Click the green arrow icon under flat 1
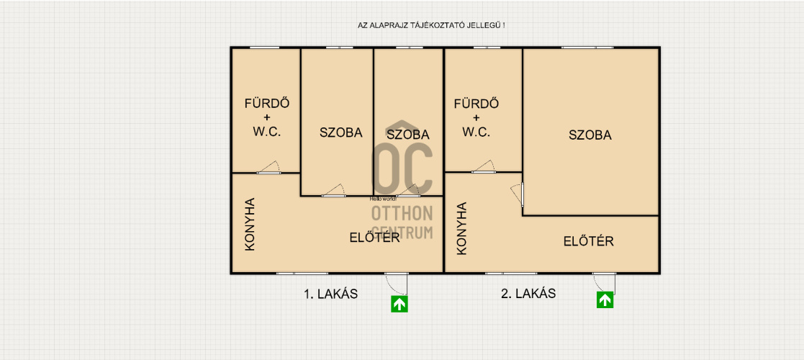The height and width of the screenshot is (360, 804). [399, 304]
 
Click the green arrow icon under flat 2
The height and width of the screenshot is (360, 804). [605, 300]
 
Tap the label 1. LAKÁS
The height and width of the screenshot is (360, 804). [330, 294]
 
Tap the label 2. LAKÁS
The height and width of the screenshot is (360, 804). [528, 294]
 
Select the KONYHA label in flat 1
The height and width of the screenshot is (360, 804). [250, 224]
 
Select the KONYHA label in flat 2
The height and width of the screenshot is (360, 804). [461, 228]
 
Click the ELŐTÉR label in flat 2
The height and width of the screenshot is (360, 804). [589, 241]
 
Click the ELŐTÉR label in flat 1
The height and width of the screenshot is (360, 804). [374, 238]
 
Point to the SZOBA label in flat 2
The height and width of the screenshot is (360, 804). [590, 135]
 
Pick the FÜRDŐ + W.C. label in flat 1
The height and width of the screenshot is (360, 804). [266, 117]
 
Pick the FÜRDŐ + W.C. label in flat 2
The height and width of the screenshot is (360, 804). [476, 117]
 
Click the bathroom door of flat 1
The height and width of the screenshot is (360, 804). [269, 168]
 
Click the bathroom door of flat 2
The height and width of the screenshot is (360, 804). [484, 167]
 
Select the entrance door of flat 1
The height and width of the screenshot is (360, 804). [397, 283]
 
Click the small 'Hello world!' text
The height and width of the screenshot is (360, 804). [384, 199]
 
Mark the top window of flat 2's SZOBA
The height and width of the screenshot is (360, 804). [587, 48]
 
